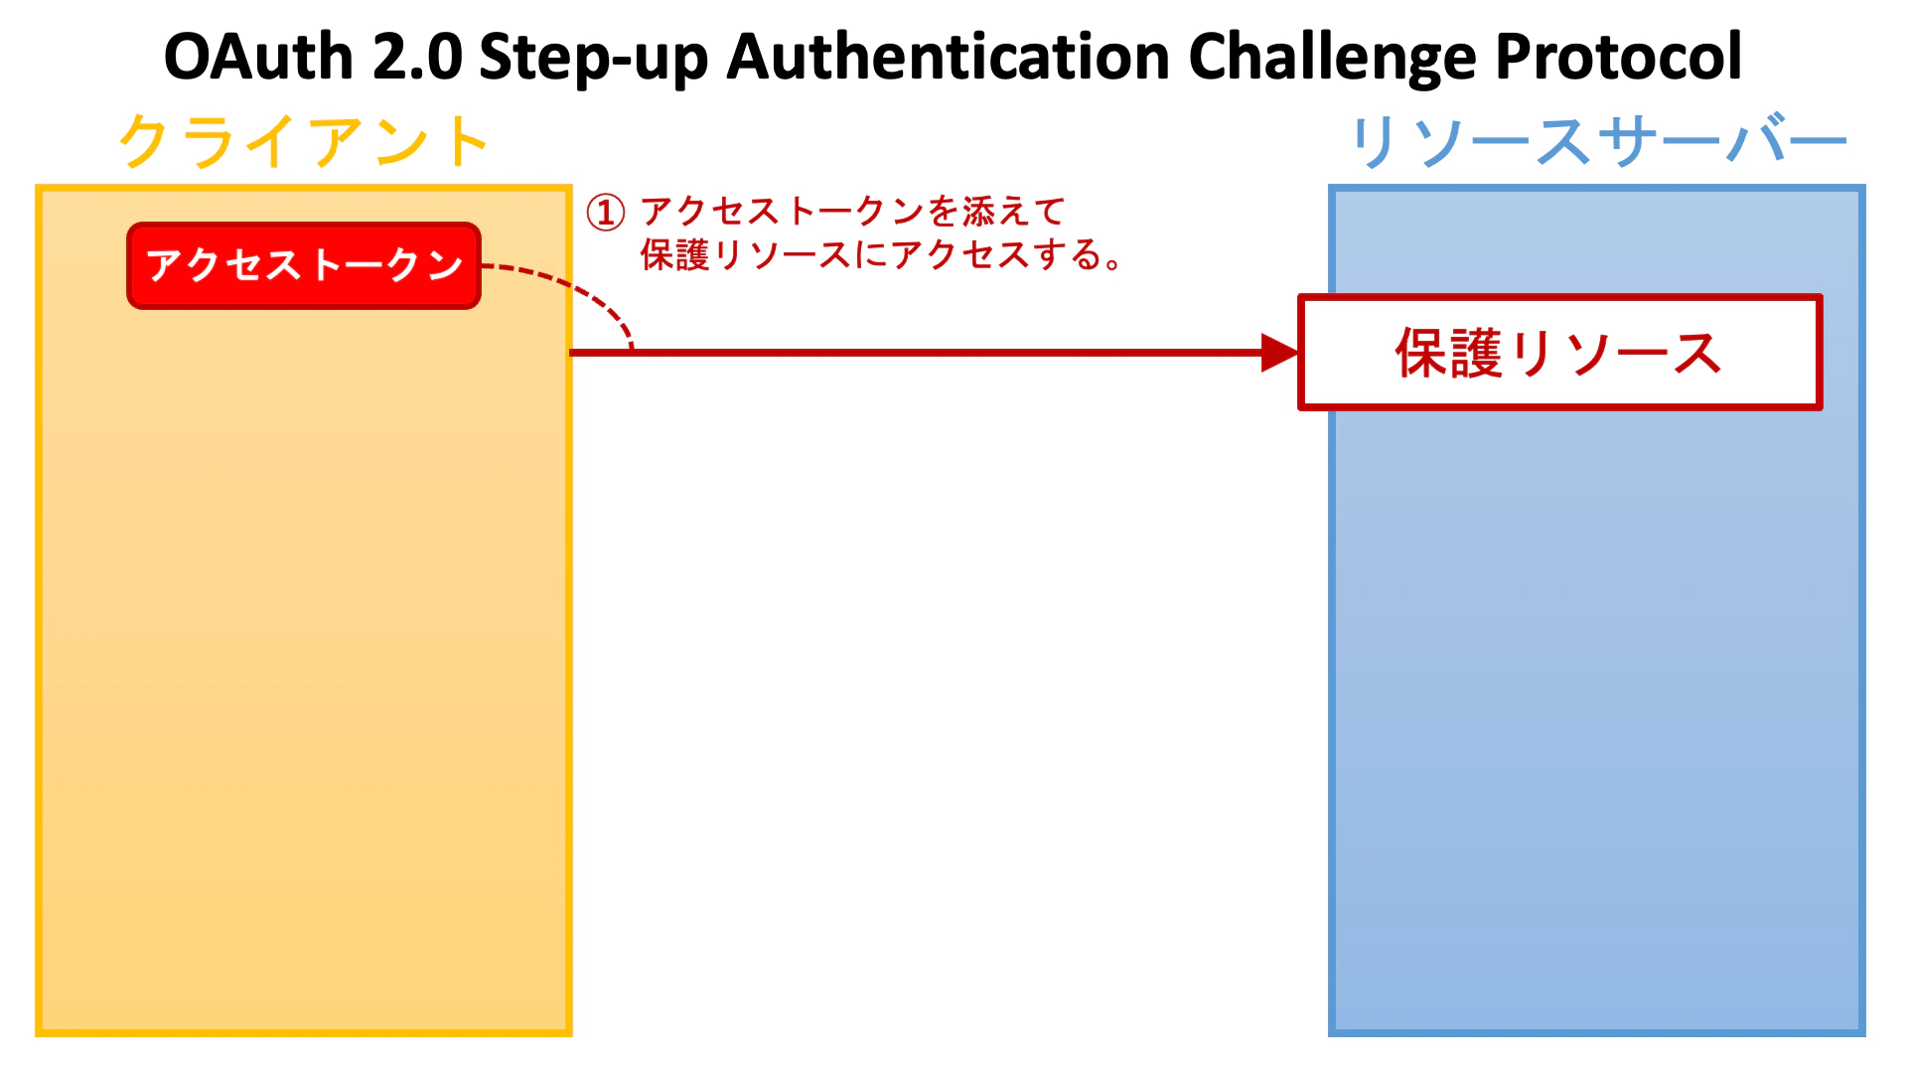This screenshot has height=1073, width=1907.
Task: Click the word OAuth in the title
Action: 258,57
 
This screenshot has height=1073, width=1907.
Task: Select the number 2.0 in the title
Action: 417,57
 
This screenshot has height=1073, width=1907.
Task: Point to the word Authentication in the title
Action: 949,57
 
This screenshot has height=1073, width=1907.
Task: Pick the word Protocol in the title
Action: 1619,57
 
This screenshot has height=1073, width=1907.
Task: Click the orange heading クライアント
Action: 304,141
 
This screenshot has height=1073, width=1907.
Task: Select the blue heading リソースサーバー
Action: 1597,141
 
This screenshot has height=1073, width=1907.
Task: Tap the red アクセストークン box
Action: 304,265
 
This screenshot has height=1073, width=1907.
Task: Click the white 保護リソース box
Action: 1559,353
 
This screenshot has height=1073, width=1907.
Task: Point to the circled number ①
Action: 605,213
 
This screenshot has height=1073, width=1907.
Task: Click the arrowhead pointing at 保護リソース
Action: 1279,353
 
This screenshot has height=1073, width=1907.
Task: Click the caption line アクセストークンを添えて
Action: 852,212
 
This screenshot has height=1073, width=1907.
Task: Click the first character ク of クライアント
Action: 146,141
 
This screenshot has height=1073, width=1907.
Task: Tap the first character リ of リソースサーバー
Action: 1376,142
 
